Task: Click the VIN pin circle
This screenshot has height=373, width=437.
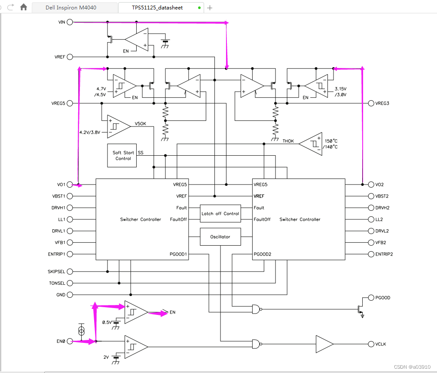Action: [x=70, y=22]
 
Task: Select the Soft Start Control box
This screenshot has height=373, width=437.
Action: [x=122, y=155]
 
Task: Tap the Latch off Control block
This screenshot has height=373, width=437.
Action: [x=220, y=213]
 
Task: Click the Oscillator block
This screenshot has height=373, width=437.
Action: [x=220, y=237]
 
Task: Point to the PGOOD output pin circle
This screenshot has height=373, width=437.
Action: [x=371, y=298]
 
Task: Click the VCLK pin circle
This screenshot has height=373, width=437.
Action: [x=371, y=344]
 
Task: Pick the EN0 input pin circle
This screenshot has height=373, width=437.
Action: [x=70, y=341]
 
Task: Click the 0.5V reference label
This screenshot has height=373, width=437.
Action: [x=107, y=322]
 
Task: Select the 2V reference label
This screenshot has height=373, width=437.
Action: [x=106, y=357]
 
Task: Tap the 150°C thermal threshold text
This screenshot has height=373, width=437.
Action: [x=331, y=141]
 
